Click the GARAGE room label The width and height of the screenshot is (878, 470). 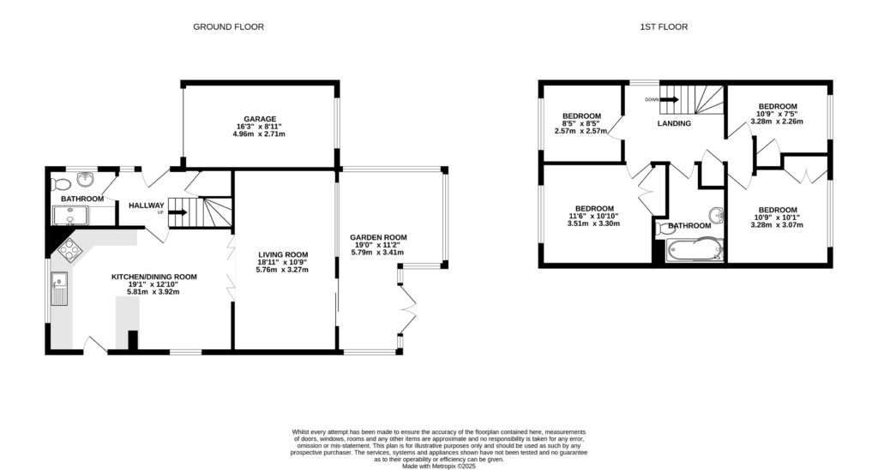(x=257, y=119)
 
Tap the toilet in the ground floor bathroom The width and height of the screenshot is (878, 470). (x=61, y=184)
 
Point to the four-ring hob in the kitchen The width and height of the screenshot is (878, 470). (x=69, y=251)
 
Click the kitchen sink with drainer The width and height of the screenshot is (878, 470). (x=59, y=288)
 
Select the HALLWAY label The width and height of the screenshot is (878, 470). (x=146, y=205)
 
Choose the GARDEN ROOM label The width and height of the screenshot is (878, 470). (x=378, y=237)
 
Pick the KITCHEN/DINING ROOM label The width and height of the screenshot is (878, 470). (x=154, y=277)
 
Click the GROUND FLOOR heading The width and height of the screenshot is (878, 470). (x=227, y=27)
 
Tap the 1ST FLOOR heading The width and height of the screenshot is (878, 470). (x=664, y=27)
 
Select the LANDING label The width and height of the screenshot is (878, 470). (x=674, y=123)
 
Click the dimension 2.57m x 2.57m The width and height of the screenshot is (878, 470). (x=581, y=131)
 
